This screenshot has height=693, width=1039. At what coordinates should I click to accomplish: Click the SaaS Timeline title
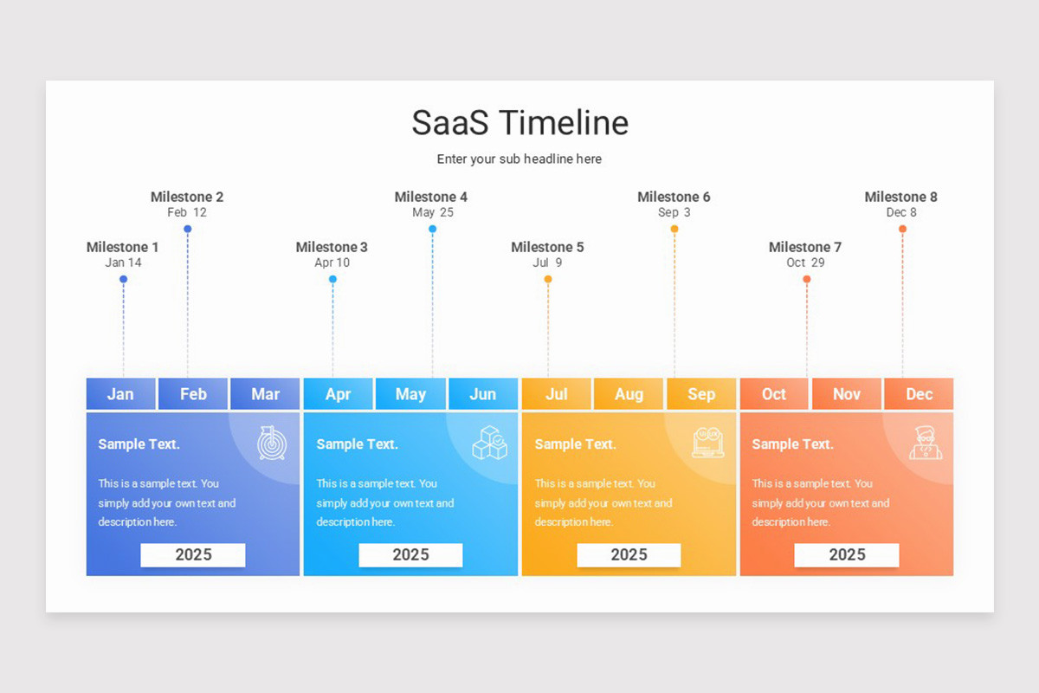(519, 122)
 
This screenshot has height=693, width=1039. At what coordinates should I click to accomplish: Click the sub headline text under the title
(519, 159)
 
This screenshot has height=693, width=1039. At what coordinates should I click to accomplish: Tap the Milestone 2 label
(187, 197)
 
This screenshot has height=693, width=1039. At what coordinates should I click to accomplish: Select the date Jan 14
(123, 262)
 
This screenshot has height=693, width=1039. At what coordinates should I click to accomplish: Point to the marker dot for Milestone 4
(432, 229)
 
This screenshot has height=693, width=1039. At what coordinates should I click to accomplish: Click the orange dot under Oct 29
(806, 279)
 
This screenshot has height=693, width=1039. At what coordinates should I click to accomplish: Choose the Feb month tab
(193, 394)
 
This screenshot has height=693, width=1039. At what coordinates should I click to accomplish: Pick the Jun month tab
(482, 394)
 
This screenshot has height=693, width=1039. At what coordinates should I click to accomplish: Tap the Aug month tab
(629, 394)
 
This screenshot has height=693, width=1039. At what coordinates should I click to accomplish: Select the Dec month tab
(919, 394)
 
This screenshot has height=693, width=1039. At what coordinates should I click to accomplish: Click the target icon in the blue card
(271, 443)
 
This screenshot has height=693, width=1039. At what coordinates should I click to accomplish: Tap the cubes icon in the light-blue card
(489, 443)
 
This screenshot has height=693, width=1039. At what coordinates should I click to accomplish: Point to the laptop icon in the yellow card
(707, 443)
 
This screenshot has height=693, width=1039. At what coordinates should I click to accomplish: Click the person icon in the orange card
(926, 443)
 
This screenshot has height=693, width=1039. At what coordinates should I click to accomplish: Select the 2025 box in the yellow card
(629, 555)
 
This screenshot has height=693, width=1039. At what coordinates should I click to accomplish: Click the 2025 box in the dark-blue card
(193, 555)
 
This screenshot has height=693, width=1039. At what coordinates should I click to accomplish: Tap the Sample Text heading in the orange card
(792, 444)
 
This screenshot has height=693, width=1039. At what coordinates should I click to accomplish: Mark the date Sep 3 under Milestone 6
(674, 212)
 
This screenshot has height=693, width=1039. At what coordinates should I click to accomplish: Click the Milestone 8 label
(900, 197)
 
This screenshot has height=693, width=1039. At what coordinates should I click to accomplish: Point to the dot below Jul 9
(547, 279)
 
